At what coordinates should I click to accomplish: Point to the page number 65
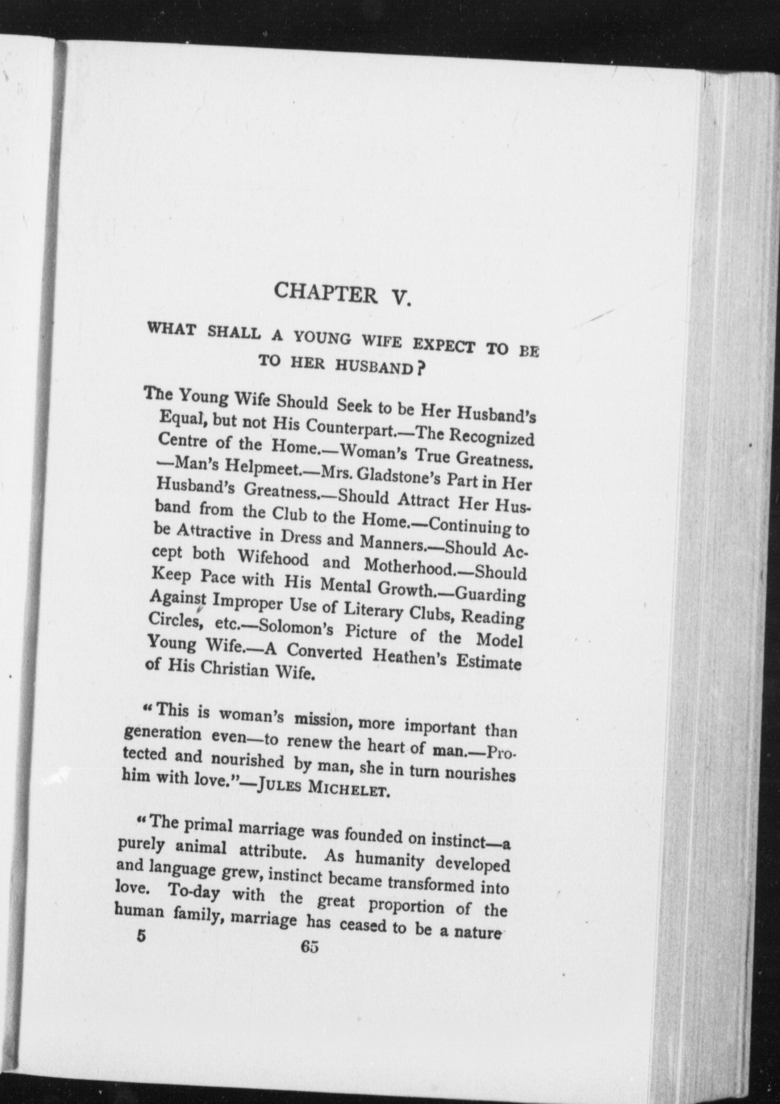(309, 947)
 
